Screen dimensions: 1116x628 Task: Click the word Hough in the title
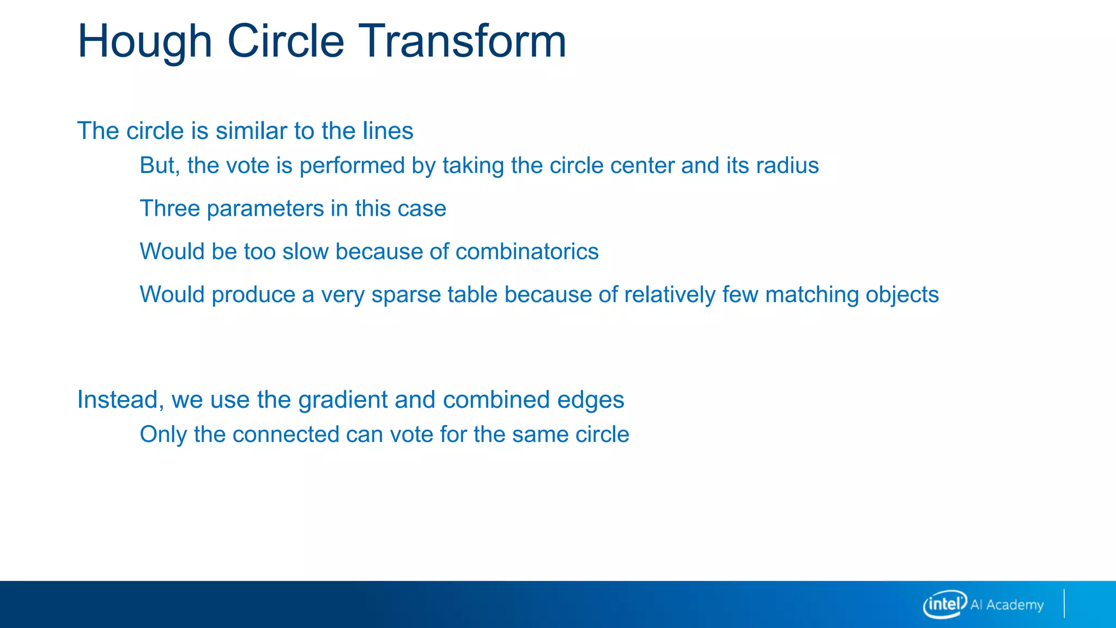pos(144,43)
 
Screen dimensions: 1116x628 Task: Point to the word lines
pos(389,131)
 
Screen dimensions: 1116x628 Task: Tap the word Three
pos(170,208)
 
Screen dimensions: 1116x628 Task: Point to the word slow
pos(305,251)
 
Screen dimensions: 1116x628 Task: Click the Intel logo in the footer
pos(944,604)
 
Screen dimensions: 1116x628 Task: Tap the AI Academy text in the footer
pos(1006,605)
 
